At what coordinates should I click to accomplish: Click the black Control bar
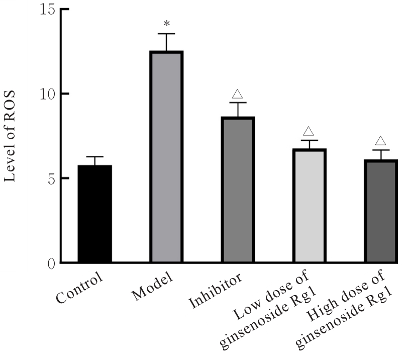click(x=94, y=214)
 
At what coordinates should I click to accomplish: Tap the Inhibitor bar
click(x=238, y=190)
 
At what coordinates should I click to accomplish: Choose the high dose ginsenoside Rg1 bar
click(x=381, y=211)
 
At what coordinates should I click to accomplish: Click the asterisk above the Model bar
click(x=166, y=24)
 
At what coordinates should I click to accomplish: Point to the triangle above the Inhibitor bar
click(x=238, y=94)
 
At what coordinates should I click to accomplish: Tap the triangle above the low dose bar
click(x=310, y=132)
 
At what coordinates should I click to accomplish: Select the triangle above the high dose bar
click(x=380, y=141)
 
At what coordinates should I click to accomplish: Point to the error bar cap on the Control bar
click(x=94, y=157)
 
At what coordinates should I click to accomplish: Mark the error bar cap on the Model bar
click(x=166, y=34)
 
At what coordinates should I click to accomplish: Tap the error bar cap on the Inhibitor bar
click(x=238, y=103)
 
